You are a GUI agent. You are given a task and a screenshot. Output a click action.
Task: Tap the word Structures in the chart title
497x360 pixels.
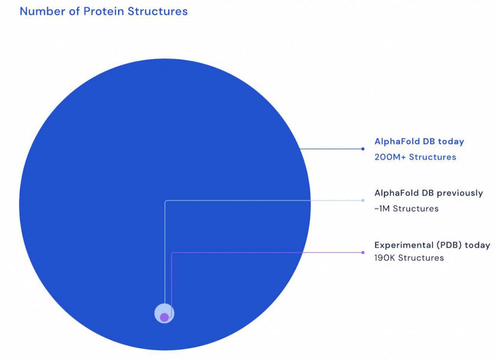coord(158,12)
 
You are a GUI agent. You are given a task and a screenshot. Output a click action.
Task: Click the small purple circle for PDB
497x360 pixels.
coord(164,317)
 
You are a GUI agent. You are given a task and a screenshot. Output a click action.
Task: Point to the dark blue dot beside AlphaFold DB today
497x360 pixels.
coord(363,148)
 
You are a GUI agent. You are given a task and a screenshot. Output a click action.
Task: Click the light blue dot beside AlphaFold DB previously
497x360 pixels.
coord(363,200)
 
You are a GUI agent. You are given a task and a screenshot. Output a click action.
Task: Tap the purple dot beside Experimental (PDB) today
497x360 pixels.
coord(363,252)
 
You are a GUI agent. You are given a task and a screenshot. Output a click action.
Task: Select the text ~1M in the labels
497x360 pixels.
coord(382,209)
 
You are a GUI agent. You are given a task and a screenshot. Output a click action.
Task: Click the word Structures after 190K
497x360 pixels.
coord(421,258)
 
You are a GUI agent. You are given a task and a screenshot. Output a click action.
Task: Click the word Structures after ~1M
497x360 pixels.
coord(416,209)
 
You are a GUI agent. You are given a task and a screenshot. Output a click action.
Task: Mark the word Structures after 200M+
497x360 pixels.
coord(432,157)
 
